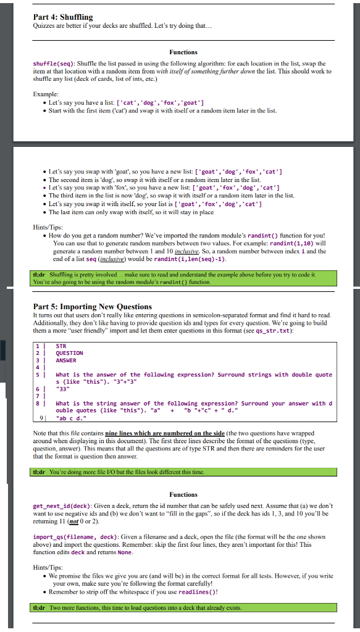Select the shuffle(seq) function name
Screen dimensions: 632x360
pos(54,64)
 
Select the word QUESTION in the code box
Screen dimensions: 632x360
pos(69,353)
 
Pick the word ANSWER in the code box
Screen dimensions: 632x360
pos(65,360)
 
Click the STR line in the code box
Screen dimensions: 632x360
pos(61,346)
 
